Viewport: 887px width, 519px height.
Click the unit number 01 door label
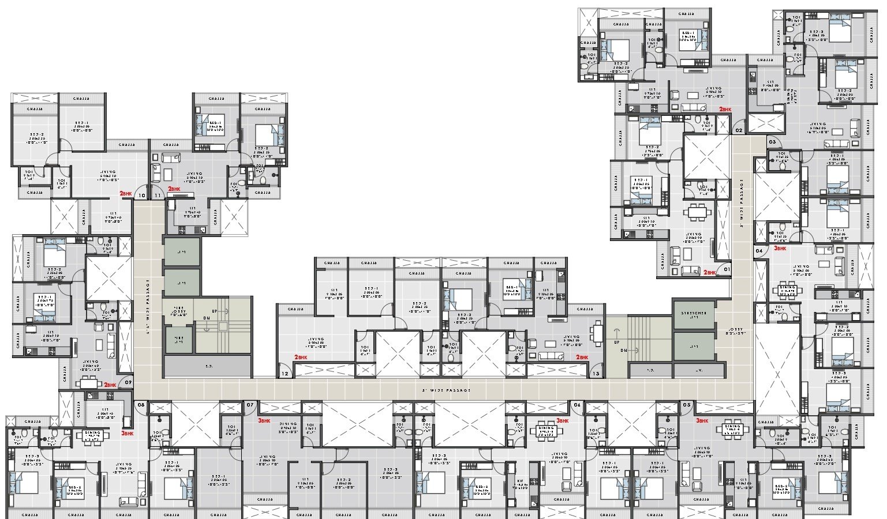click(726, 269)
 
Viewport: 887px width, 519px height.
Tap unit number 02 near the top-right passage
click(739, 130)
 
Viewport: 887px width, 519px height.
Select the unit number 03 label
click(772, 141)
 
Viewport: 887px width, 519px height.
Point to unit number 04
click(759, 251)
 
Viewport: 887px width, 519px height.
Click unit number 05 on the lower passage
click(686, 405)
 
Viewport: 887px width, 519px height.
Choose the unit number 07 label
click(250, 405)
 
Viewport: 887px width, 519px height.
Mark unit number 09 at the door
click(128, 382)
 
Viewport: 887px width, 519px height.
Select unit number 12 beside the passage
click(284, 374)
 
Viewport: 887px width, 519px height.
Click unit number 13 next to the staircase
click(596, 374)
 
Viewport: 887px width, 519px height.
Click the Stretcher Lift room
click(693, 314)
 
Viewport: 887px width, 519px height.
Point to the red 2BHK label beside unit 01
click(709, 272)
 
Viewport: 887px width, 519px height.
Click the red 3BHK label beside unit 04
click(780, 248)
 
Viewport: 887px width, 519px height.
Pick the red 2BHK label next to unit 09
click(111, 385)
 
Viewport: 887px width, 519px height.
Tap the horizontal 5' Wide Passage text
click(446, 390)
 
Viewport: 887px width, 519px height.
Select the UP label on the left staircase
click(215, 311)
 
